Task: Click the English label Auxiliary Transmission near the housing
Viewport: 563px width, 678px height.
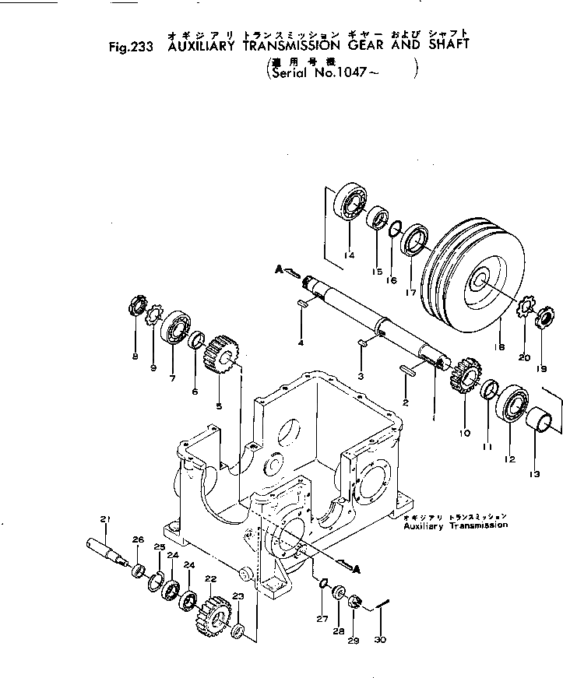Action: (x=456, y=525)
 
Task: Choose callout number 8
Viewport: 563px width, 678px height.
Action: (x=135, y=357)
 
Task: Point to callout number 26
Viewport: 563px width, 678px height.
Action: (x=138, y=539)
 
